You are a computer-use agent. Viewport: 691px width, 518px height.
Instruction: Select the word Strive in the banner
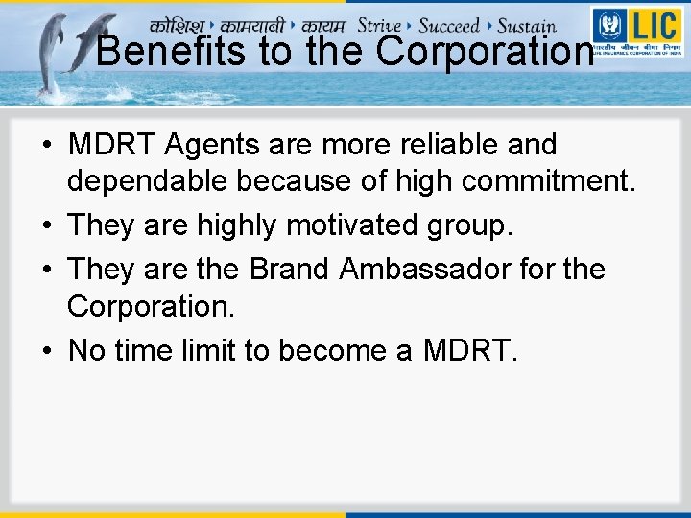click(x=378, y=25)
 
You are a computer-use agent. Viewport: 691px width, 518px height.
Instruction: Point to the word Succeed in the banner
click(x=449, y=25)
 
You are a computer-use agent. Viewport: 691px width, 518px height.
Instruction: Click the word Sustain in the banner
click(x=527, y=26)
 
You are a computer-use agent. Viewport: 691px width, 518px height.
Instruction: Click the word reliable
click(x=453, y=145)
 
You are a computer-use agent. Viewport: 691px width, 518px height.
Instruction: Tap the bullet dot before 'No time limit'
click(x=46, y=352)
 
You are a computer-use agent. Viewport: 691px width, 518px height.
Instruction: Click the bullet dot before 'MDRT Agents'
click(x=46, y=146)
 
